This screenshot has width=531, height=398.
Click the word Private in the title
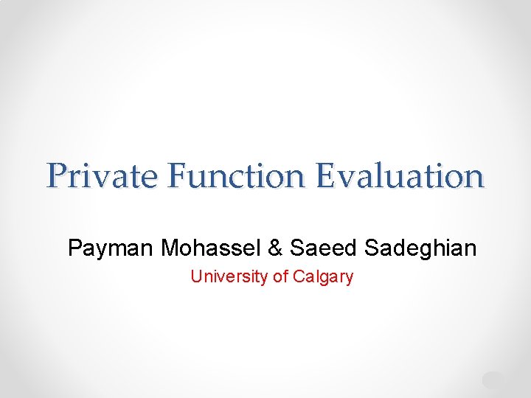click(103, 177)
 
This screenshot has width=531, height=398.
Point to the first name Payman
click(111, 248)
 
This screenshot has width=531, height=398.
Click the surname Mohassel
click(212, 248)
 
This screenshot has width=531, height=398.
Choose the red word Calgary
click(323, 277)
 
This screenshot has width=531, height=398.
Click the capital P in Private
click(56, 177)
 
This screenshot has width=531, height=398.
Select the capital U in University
click(196, 276)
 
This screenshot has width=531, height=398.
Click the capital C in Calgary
click(298, 276)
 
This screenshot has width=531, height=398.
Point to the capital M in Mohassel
click(171, 248)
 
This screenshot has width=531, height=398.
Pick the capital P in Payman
click(75, 248)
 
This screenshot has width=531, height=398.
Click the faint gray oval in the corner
click(493, 380)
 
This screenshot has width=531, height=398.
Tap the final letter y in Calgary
click(349, 279)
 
